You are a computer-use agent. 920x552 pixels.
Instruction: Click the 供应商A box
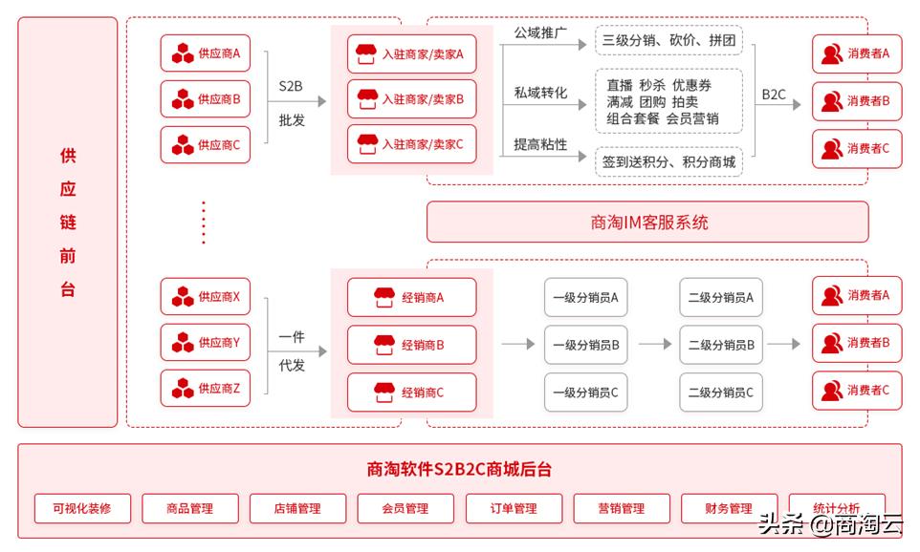click(x=205, y=53)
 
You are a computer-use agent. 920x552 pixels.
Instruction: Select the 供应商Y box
click(x=205, y=343)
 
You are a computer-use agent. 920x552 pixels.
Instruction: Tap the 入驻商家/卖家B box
click(x=411, y=99)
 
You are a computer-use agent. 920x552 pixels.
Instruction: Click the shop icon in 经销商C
click(x=383, y=393)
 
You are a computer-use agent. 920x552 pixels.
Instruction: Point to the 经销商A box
click(x=411, y=297)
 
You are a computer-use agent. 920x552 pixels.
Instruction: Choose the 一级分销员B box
click(x=586, y=345)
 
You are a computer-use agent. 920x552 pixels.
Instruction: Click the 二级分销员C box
click(x=721, y=393)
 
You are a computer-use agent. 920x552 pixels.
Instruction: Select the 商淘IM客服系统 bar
click(x=647, y=223)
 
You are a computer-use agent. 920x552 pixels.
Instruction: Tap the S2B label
click(x=291, y=86)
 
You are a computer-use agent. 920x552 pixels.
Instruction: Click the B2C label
click(x=774, y=95)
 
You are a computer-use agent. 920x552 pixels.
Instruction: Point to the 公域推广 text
click(x=540, y=32)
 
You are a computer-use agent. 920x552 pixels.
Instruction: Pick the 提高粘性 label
click(x=540, y=144)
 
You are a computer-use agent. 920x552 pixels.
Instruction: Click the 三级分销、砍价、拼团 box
click(x=668, y=40)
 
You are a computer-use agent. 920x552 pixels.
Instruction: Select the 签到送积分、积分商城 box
click(x=668, y=162)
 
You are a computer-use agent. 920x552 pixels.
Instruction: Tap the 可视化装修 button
click(x=81, y=508)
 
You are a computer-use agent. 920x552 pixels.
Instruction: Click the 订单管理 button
click(x=513, y=508)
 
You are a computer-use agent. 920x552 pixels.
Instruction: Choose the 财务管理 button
click(x=729, y=508)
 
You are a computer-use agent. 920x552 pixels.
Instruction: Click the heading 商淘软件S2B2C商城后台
click(x=459, y=469)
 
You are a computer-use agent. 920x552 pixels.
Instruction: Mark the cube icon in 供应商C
click(x=183, y=146)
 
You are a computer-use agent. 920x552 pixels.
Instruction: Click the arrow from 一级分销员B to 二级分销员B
click(x=655, y=345)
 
